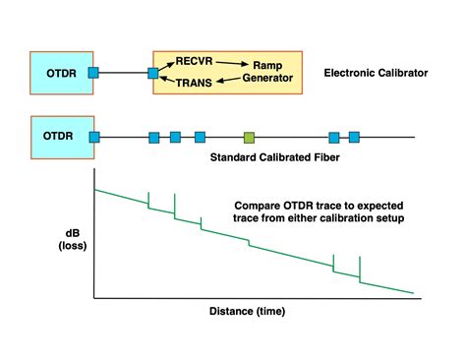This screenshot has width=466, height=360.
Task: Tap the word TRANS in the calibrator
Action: click(193, 86)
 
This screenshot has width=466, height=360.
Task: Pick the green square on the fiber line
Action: click(249, 137)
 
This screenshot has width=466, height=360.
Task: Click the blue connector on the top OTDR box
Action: click(93, 72)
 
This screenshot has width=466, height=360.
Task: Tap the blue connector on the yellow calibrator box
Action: click(153, 72)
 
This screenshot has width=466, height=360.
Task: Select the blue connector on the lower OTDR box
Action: click(95, 137)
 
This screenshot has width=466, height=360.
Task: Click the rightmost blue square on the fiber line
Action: click(355, 137)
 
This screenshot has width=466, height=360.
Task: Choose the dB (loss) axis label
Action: click(71, 242)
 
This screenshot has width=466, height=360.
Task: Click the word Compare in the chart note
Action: click(259, 208)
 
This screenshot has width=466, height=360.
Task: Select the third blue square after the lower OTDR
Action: click(200, 137)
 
